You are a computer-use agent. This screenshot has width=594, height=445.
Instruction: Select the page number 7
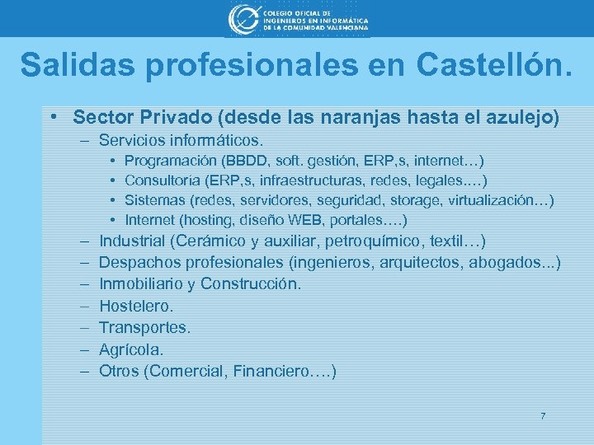click(542, 415)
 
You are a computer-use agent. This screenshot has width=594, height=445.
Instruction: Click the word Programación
click(168, 160)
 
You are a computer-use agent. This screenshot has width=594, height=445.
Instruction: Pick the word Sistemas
click(155, 200)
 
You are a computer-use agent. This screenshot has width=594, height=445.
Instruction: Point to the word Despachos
click(139, 263)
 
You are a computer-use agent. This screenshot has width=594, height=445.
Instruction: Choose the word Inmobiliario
click(143, 284)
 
